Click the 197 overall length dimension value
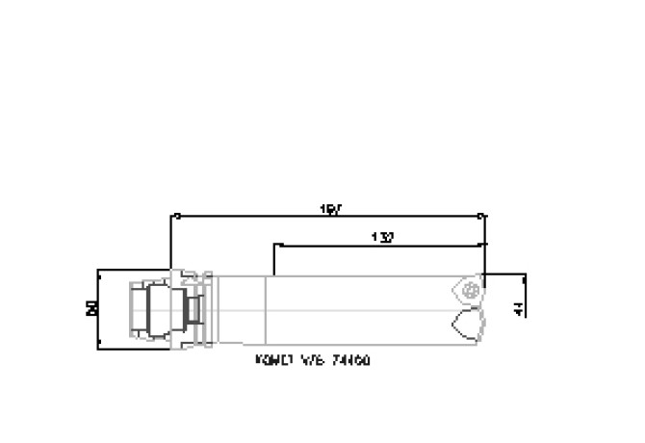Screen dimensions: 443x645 (329, 208)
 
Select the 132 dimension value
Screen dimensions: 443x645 (382, 237)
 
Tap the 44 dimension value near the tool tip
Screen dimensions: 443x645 (520, 309)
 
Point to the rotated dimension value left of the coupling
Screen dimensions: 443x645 (92, 308)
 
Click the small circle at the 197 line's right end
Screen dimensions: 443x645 (482, 217)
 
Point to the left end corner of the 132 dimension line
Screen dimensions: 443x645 (274, 245)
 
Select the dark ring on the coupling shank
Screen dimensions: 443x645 (195, 310)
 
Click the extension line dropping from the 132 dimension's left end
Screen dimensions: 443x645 (274, 260)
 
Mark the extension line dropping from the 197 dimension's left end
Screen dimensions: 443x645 (171, 246)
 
